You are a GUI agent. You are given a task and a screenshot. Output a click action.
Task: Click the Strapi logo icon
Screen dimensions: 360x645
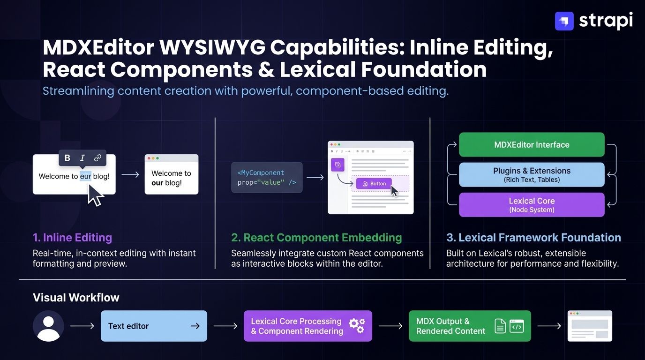pos(564,21)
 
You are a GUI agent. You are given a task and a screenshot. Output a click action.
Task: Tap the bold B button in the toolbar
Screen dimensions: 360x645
pos(67,158)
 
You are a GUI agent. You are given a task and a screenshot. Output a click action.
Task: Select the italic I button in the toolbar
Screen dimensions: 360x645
pos(82,158)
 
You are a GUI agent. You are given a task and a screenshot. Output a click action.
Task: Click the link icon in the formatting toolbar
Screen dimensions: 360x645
pos(97,158)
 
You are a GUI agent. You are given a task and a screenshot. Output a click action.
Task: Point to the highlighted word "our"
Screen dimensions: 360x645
pos(85,176)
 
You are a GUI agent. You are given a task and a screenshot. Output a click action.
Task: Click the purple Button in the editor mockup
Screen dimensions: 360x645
pos(374,183)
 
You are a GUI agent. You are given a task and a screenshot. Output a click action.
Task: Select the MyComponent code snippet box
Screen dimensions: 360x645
pos(267,178)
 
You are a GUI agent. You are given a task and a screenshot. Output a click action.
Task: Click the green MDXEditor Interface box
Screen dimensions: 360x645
pos(532,145)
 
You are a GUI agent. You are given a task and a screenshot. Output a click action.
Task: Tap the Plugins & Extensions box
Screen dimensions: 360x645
pos(532,175)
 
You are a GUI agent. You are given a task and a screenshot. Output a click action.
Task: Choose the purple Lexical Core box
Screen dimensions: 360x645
pos(532,205)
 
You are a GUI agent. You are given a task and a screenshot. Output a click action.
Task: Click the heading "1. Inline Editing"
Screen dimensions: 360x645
pos(72,238)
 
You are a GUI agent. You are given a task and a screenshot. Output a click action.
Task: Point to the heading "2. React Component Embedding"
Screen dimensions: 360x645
pos(316,238)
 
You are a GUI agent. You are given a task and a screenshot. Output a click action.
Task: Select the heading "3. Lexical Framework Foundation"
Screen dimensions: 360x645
pos(533,238)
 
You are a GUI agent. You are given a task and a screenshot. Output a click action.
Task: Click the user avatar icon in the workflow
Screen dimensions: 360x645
pos(48,326)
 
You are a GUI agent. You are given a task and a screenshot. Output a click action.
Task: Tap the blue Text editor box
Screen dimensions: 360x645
pos(154,326)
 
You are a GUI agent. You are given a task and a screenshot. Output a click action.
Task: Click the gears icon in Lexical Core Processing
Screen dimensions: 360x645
pos(357,325)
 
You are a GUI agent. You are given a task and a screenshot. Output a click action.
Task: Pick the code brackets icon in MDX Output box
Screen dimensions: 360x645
pos(517,326)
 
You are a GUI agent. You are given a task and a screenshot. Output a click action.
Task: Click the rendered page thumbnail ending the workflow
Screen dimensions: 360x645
pos(590,326)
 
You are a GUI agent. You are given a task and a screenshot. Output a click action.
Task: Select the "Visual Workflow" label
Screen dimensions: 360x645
pos(76,298)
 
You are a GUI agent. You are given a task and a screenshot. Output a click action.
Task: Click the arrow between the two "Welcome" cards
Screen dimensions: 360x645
pos(130,175)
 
